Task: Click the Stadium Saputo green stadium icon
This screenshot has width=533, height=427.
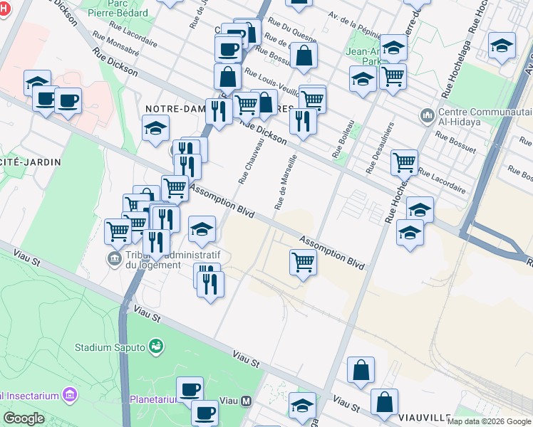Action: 156,347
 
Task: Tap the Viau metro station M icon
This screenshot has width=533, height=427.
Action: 247,401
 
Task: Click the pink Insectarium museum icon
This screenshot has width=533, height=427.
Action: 69,394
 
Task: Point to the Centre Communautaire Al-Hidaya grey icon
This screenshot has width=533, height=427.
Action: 427,115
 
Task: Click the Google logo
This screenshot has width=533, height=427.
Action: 24,418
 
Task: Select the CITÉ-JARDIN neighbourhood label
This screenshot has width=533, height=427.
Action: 30,162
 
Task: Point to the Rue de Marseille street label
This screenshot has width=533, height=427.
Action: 284,182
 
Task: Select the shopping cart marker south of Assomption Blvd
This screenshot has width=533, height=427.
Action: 304,263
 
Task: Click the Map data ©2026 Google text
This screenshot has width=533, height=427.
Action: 489,421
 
